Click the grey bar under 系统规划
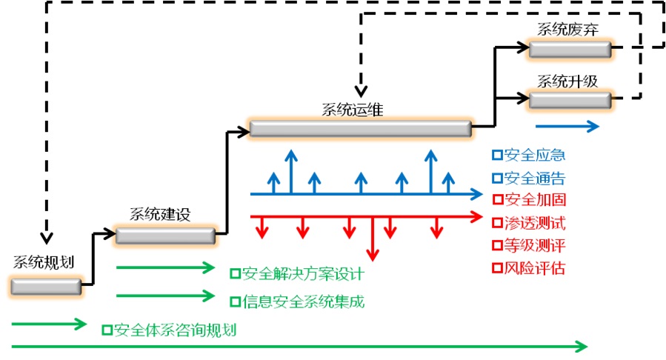[x=46, y=285]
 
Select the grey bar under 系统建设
[x=166, y=236]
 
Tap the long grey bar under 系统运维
[x=360, y=129]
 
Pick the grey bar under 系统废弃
[x=569, y=49]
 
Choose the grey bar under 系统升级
[x=569, y=99]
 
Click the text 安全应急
[x=534, y=156]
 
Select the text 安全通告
[x=534, y=178]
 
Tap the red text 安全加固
[x=534, y=200]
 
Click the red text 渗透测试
[x=534, y=223]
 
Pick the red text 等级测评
[x=534, y=245]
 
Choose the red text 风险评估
[x=534, y=268]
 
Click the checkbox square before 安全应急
[x=497, y=156]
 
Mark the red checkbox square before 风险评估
[x=497, y=268]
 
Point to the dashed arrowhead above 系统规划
[x=46, y=238]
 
